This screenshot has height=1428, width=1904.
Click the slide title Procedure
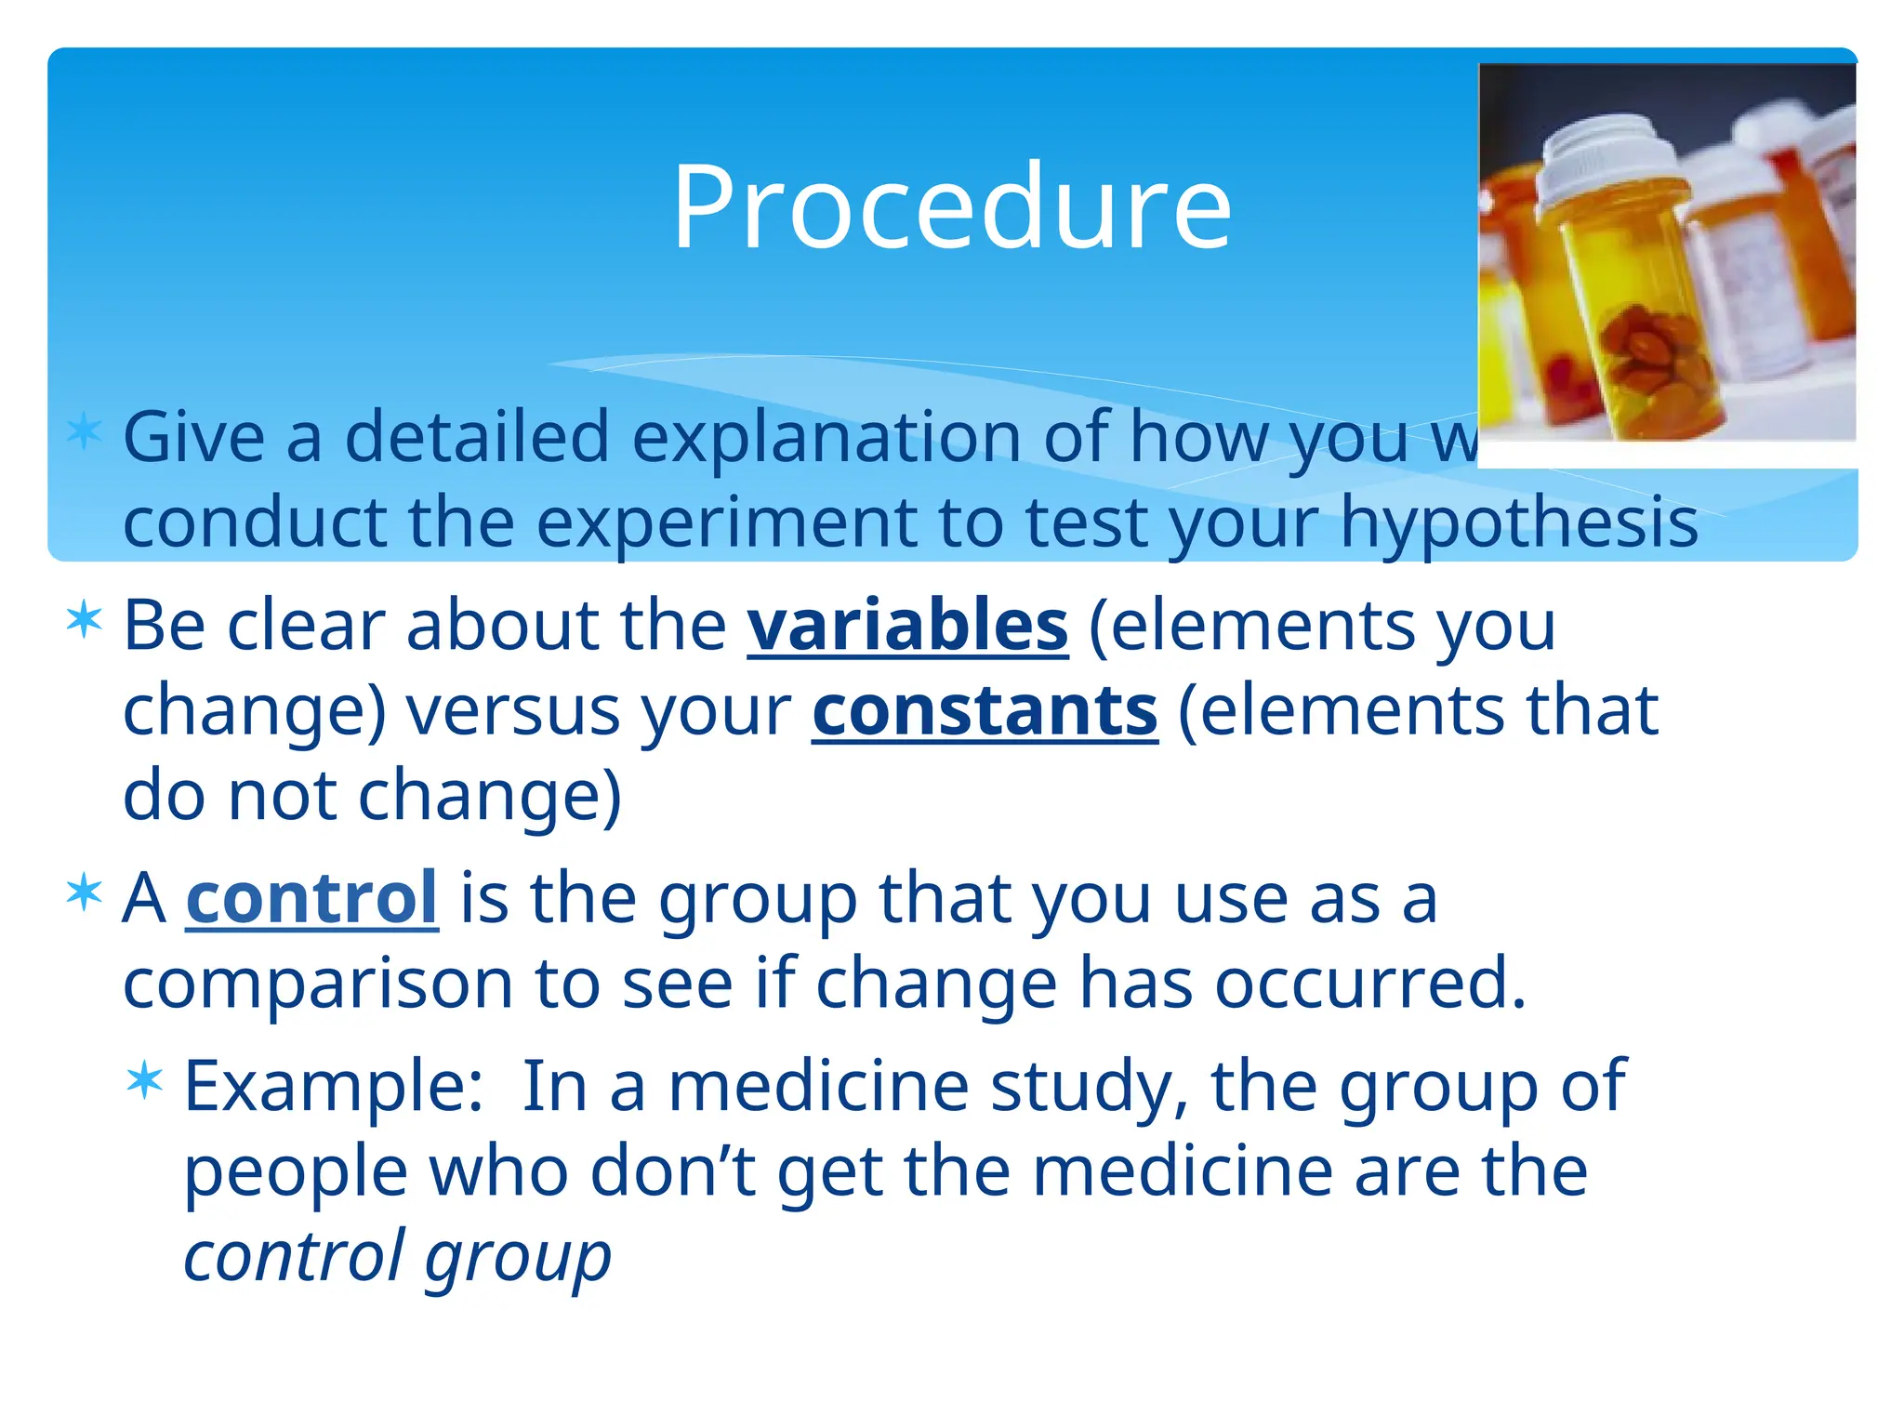951,206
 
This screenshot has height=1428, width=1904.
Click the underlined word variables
907,626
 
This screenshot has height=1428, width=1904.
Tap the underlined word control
311,898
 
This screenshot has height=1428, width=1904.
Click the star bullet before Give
85,432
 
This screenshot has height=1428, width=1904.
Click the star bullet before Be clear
85,620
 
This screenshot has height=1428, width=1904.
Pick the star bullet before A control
85,893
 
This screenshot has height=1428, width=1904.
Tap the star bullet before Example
145,1081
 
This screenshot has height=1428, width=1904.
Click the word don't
672,1171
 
